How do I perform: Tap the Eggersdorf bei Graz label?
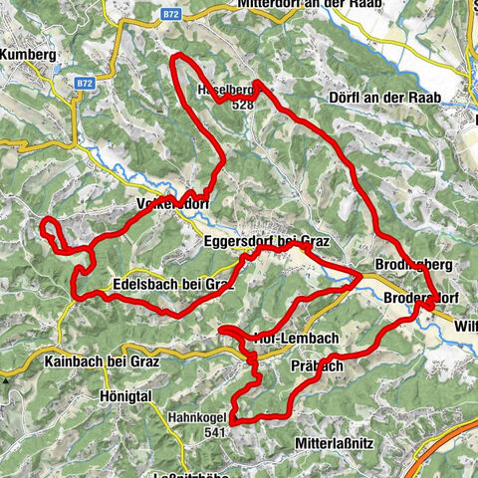[264, 241]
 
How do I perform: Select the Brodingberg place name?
[415, 265]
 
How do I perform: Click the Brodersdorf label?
[422, 297]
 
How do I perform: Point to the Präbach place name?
[319, 366]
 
